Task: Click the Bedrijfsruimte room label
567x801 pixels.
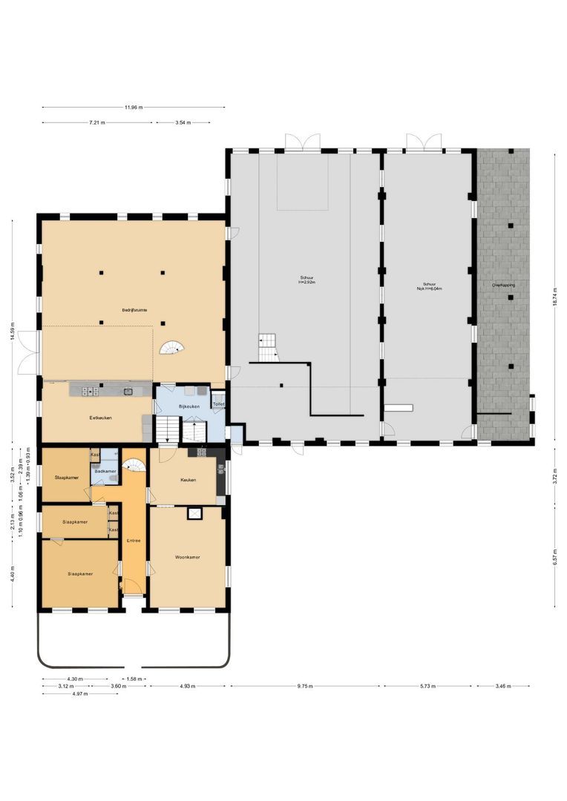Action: point(134,309)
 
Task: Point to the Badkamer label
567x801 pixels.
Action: point(105,471)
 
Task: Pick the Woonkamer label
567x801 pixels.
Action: point(188,557)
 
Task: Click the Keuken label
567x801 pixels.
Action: point(188,480)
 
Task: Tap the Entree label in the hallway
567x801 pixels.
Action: point(134,540)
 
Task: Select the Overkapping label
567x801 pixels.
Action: point(503,285)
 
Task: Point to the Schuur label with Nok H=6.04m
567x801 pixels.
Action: point(429,286)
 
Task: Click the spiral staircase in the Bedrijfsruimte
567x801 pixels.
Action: point(176,347)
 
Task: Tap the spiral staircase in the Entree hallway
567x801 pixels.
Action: point(134,464)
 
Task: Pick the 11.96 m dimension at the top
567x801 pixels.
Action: point(133,108)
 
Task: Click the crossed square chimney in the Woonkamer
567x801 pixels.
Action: point(195,512)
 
